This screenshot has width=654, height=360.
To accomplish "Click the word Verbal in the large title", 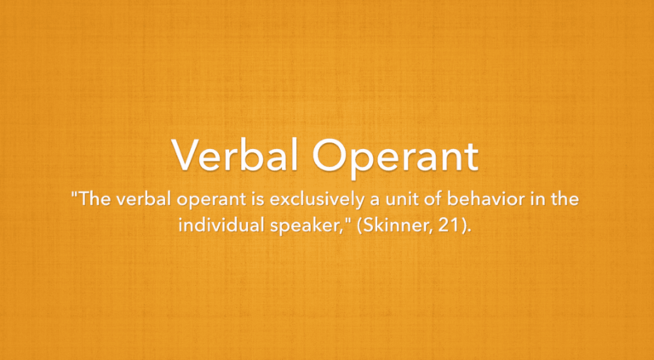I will coord(236,157).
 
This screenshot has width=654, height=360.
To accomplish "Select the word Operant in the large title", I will coord(394,157).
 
